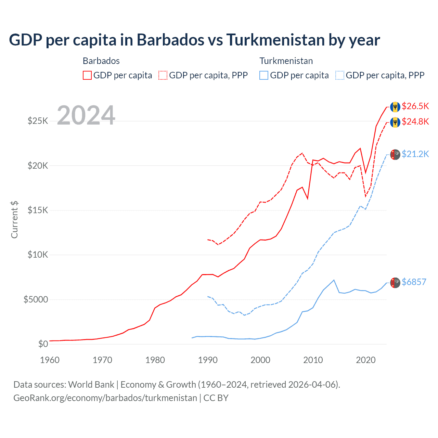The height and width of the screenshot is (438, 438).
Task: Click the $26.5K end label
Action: click(415, 106)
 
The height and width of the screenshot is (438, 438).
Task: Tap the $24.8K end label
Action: click(415, 122)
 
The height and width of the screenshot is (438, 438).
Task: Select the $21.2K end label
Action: click(415, 154)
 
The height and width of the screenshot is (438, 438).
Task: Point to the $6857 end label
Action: click(414, 282)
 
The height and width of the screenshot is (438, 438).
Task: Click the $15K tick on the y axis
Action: click(38, 210)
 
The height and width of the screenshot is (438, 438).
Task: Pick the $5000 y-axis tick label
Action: click(36, 300)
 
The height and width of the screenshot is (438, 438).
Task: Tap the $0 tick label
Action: click(43, 344)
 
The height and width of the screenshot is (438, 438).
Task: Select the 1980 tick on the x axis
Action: click(155, 360)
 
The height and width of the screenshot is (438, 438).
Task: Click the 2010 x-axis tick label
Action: click(313, 360)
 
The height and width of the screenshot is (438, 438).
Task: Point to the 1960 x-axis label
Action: click(50, 360)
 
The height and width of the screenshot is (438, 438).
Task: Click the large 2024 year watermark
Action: click(86, 115)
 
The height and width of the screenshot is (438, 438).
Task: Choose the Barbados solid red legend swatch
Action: click(87, 75)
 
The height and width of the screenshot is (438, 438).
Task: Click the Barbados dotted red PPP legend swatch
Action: click(163, 75)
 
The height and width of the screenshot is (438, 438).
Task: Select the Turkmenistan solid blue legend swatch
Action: click(264, 75)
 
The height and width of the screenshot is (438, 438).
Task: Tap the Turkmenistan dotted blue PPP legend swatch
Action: click(340, 75)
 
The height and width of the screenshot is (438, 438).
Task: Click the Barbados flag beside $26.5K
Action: click(395, 107)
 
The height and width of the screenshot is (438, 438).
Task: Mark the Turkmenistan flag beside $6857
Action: click(395, 283)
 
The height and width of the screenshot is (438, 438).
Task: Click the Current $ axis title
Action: click(14, 220)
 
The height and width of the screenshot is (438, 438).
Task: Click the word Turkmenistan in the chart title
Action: click(275, 40)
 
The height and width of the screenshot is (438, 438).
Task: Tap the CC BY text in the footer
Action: click(216, 398)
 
